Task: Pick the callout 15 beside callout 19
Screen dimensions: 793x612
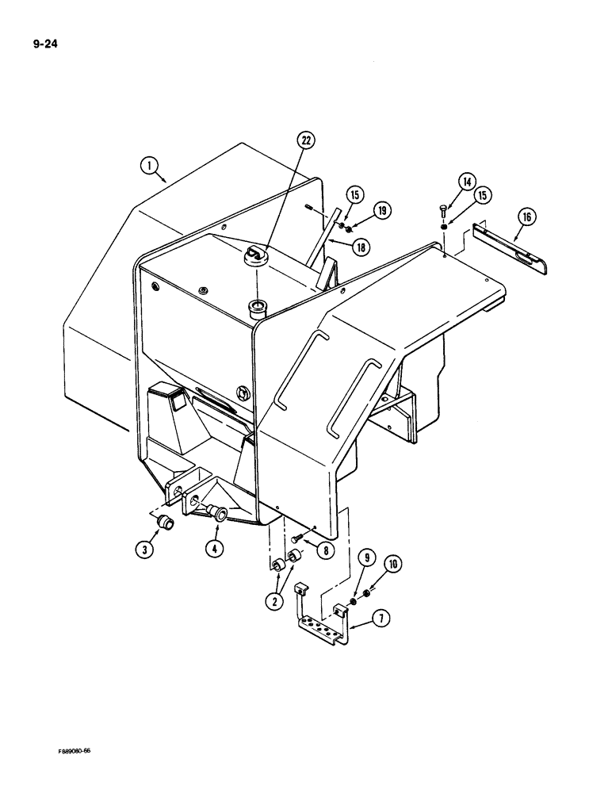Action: (354, 194)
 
